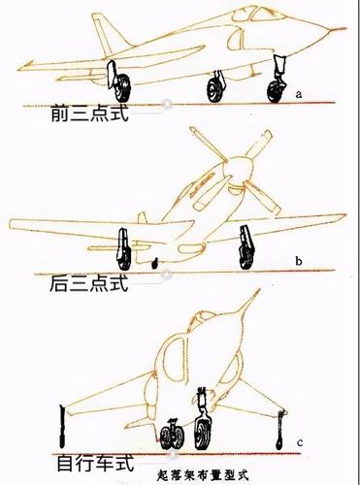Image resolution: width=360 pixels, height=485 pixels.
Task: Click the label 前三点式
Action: pyautogui.click(x=89, y=113)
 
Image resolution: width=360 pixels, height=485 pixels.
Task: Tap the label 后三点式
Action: pyautogui.click(x=89, y=283)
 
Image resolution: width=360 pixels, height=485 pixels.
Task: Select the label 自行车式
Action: pyautogui.click(x=95, y=463)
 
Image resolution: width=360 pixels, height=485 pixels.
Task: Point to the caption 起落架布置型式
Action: pyautogui.click(x=202, y=475)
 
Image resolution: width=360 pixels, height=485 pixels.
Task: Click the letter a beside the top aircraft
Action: pyautogui.click(x=299, y=94)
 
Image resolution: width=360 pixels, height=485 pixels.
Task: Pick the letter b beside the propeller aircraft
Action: pyautogui.click(x=299, y=261)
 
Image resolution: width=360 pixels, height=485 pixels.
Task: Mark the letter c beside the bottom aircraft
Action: pyautogui.click(x=300, y=442)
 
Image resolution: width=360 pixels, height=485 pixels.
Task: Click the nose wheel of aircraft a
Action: pyautogui.click(x=277, y=91)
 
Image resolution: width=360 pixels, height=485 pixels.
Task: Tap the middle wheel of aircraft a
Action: pyautogui.click(x=214, y=90)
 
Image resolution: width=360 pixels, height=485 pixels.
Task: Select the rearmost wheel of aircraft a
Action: pyautogui.click(x=123, y=86)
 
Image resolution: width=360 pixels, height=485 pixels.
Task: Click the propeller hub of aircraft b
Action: pyautogui.click(x=239, y=171)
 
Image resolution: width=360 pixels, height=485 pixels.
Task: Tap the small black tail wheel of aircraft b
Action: pyautogui.click(x=154, y=264)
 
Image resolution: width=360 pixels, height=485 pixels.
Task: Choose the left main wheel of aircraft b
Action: pyautogui.click(x=124, y=258)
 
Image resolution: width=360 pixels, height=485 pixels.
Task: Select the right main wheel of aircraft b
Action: pyautogui.click(x=247, y=257)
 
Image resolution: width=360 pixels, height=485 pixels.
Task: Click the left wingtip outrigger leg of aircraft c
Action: pyautogui.click(x=62, y=426)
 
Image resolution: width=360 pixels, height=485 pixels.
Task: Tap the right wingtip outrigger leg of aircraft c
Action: pyautogui.click(x=280, y=430)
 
